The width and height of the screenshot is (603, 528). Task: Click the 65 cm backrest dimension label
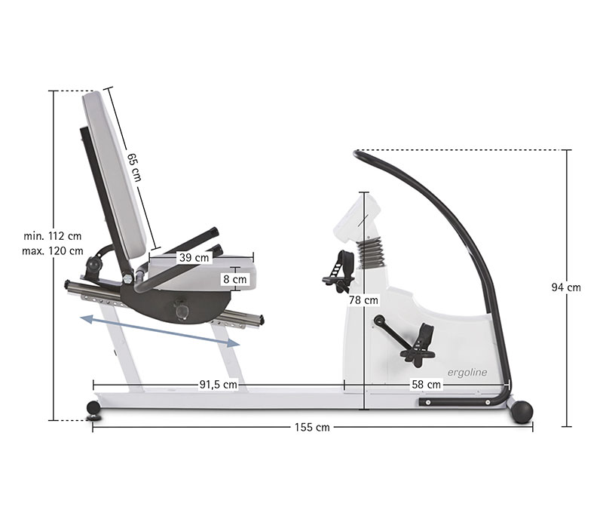coord(134,167)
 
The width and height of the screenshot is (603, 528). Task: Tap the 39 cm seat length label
coord(194,257)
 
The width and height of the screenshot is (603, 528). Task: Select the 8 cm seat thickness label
coord(235,279)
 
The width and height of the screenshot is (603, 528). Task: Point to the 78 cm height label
coord(363,300)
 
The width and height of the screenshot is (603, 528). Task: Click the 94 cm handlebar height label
coord(566,287)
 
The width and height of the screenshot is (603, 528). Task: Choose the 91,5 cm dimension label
coord(218,385)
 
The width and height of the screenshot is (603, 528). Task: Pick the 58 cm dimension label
coord(426,385)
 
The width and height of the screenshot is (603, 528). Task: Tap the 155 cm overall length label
coord(312,427)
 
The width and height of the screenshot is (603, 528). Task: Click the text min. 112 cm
coord(53,236)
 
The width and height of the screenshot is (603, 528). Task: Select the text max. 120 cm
coord(53,251)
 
